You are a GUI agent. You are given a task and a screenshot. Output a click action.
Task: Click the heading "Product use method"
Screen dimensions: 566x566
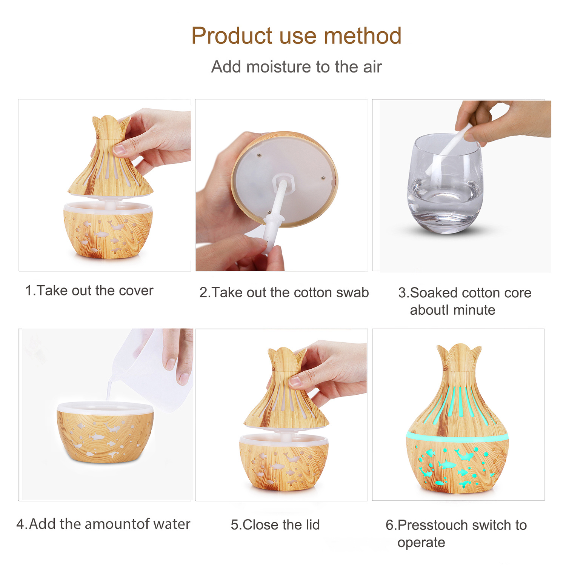point(296,36)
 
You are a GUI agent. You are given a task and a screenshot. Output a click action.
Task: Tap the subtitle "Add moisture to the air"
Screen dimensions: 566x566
point(296,67)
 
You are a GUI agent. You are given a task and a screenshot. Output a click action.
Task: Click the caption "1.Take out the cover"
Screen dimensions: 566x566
point(89,291)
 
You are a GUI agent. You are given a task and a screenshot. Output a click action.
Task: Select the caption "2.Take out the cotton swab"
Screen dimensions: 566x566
point(284,292)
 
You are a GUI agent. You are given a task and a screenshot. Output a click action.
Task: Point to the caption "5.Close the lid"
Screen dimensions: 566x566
point(275,524)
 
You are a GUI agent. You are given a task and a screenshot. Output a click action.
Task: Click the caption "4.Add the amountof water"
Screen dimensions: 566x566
point(103,524)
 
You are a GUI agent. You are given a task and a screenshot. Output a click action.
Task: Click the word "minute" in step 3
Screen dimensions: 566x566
point(474,310)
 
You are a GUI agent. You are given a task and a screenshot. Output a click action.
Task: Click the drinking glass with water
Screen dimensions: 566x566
point(445,184)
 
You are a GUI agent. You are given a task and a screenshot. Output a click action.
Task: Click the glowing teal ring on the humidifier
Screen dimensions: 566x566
point(457,438)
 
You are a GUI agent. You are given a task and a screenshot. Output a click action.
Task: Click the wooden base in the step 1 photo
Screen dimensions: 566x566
point(108,230)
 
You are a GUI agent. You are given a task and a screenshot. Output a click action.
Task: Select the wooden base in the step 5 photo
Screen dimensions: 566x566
point(284,462)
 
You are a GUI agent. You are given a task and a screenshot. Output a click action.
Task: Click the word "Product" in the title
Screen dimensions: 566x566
point(232,36)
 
